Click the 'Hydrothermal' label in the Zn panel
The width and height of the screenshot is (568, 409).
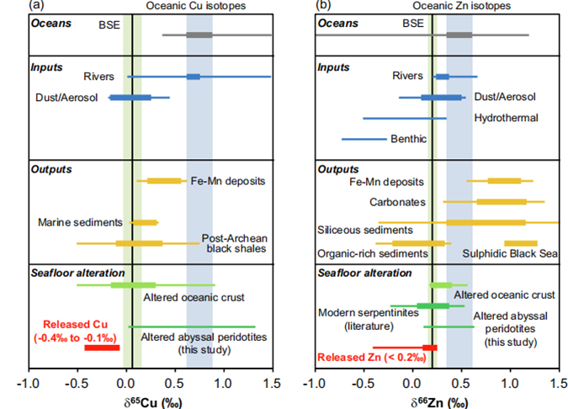tap(506, 118)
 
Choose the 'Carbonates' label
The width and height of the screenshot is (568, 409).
tap(396, 202)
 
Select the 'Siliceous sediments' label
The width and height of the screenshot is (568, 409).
tap(364, 229)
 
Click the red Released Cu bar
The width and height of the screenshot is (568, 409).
tap(102, 347)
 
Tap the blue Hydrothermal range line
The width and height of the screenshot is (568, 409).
tap(405, 118)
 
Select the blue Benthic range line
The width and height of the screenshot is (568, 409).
tap(364, 138)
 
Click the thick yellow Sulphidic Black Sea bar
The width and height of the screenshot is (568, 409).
tap(520, 244)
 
